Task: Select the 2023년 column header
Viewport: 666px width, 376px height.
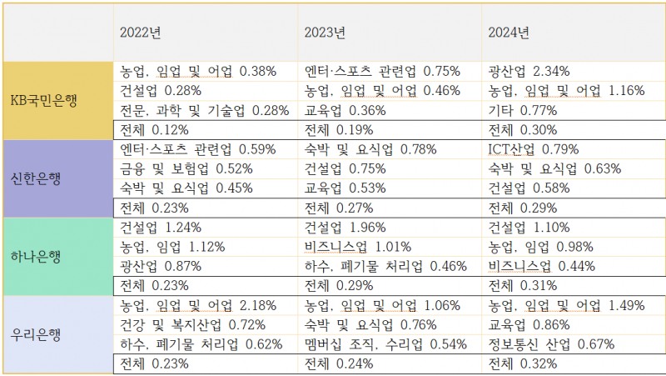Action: [326, 33]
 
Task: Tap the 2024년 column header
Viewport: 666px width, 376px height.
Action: [509, 33]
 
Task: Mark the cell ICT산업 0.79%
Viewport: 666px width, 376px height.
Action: [534, 150]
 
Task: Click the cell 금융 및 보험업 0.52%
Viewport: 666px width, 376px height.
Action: [186, 168]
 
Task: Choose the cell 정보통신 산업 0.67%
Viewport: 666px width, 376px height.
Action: [551, 343]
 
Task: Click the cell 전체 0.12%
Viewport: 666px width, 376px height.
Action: [154, 129]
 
